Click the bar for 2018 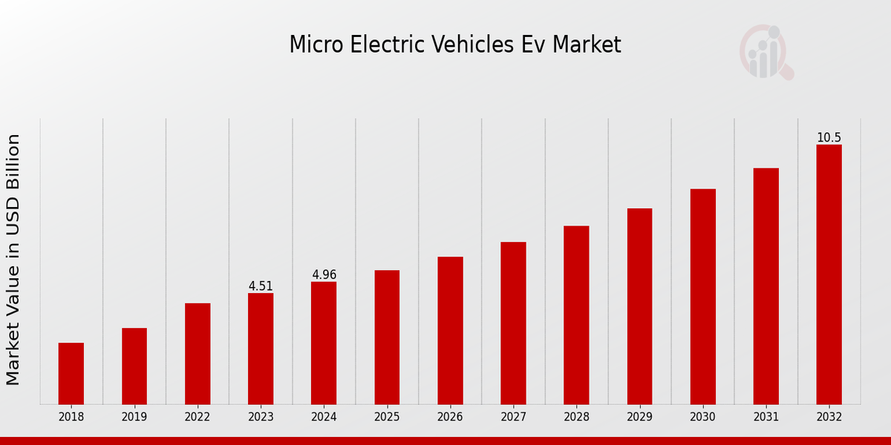pos(71,373)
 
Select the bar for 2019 pos(134,366)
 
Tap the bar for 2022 pos(198,353)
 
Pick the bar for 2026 pos(450,330)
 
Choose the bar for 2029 pos(639,306)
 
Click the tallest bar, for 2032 pos(829,274)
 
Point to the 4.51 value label pos(261,286)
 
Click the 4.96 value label pos(324,275)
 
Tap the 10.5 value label pos(829,138)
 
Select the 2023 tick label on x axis pos(261,417)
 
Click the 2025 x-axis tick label pos(387,417)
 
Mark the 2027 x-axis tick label pos(513,417)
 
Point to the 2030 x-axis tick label pos(702,417)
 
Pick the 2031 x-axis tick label pos(766,417)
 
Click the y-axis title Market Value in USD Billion pos(13,260)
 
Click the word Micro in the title pos(307,45)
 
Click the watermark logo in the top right pos(766,52)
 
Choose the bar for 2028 pos(576,314)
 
